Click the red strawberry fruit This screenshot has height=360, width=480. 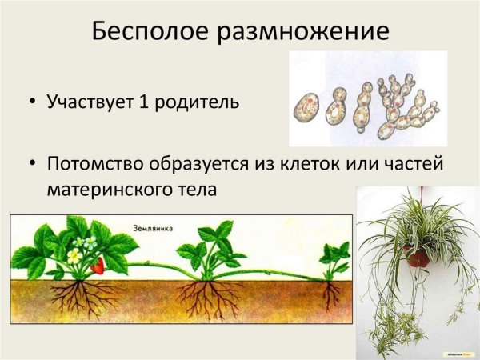pos(98,266)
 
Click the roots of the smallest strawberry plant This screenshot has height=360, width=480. pos(330,296)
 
